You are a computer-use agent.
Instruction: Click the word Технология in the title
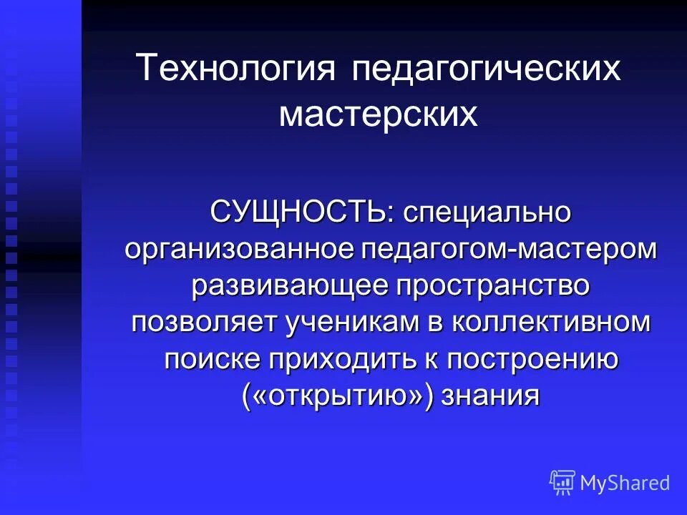[x=236, y=69]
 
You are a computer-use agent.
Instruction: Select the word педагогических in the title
[x=486, y=69]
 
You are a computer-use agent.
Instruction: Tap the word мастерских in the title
[x=379, y=114]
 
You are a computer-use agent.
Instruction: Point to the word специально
[x=487, y=212]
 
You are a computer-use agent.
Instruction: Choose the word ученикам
[x=355, y=322]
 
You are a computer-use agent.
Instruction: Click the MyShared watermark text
[x=625, y=483]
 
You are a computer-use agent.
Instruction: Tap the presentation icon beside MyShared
[x=562, y=483]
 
